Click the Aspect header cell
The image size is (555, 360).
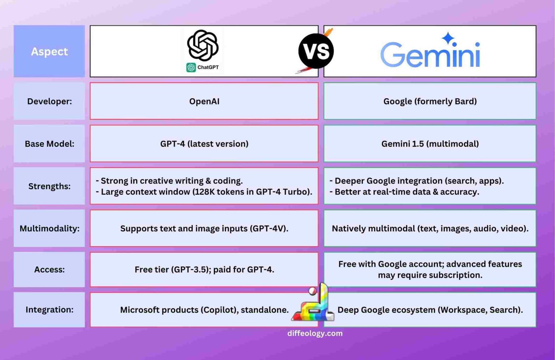tap(49, 51)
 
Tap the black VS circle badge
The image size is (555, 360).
tap(316, 51)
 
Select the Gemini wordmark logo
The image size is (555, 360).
tap(430, 55)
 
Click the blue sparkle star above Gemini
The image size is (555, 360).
tap(448, 38)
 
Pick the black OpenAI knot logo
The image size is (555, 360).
tap(203, 45)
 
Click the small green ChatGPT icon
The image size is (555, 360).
tap(191, 67)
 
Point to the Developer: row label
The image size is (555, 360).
tap(49, 101)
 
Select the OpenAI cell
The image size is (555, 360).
tap(204, 101)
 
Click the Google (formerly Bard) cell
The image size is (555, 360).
tap(430, 101)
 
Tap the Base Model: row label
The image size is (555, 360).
tap(49, 143)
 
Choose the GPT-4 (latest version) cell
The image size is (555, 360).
tap(204, 143)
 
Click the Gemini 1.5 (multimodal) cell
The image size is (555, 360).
tap(430, 143)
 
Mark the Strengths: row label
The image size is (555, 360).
tap(49, 186)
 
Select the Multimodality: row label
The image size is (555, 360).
tap(49, 228)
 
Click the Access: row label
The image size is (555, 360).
tap(49, 269)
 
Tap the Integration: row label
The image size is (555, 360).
tap(49, 309)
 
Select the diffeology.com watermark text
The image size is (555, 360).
tap(315, 333)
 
